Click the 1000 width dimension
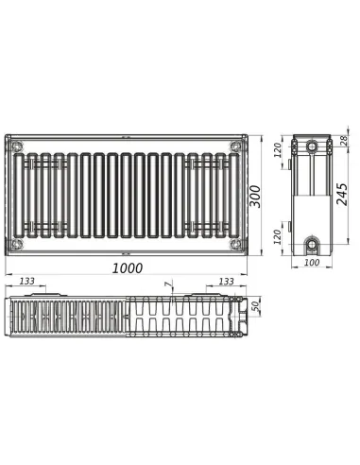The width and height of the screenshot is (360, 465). click(x=127, y=267)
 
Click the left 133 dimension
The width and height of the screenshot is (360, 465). click(x=27, y=281)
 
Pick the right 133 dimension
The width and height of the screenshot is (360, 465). click(x=227, y=281)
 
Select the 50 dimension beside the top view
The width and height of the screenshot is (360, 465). click(x=254, y=308)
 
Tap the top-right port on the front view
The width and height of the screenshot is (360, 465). click(x=234, y=146)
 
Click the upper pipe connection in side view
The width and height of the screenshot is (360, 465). click(x=313, y=148)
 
